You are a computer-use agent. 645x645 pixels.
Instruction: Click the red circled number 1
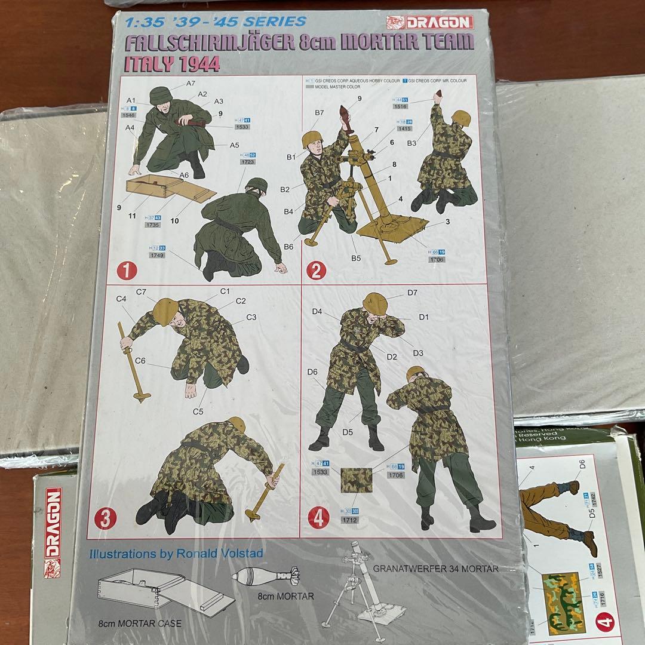[x=127, y=271]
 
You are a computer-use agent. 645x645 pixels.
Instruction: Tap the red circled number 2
[x=316, y=271]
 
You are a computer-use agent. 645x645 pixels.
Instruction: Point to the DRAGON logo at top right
[x=429, y=23]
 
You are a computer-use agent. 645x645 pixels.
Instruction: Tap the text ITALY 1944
[x=171, y=64]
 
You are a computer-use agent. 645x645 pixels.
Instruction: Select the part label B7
[x=320, y=112]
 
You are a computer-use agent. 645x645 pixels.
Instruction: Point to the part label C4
[x=121, y=299]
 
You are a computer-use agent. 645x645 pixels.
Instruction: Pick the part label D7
[x=412, y=293]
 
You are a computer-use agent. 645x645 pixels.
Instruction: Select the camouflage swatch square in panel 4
[x=356, y=480]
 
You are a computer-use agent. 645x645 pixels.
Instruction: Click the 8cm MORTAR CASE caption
[x=140, y=623]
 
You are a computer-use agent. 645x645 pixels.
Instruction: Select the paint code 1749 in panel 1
[x=158, y=255]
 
